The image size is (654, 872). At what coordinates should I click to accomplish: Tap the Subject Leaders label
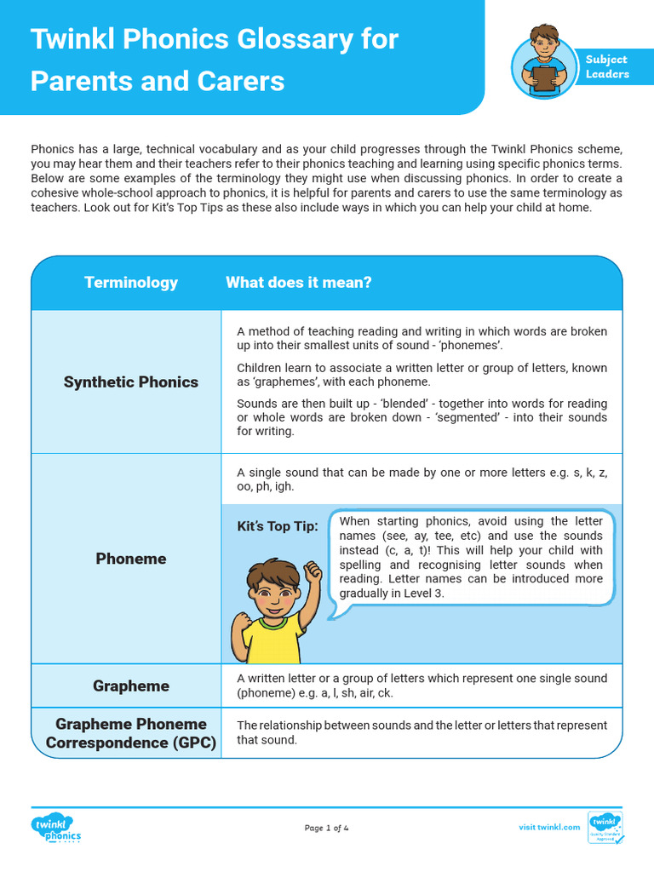[606, 66]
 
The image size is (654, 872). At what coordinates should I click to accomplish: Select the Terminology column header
[131, 283]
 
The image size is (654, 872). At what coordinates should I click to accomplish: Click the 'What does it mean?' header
[298, 283]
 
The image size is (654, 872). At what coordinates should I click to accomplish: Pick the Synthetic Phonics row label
[131, 382]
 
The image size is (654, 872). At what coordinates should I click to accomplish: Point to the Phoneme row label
[131, 559]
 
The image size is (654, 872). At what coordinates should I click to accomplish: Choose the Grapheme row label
[131, 686]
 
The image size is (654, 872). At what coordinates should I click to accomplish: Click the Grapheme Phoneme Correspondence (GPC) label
[131, 733]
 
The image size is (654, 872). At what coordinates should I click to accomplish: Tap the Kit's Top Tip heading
[278, 526]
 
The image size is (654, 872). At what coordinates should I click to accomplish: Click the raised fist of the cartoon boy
[312, 568]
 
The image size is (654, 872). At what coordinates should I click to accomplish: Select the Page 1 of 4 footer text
[327, 828]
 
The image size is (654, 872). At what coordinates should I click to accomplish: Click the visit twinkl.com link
[549, 827]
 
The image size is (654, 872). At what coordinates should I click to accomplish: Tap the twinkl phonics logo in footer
[56, 828]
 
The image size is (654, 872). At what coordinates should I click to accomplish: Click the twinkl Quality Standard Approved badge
[605, 827]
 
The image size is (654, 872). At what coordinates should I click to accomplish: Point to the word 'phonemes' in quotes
[473, 346]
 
